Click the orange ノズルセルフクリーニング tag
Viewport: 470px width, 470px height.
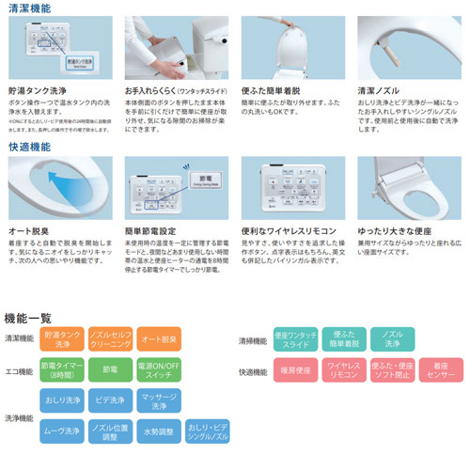(108, 339)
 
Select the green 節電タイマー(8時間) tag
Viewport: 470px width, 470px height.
(60, 370)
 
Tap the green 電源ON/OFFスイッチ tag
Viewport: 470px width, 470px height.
(157, 370)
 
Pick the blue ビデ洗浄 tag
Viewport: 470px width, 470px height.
(108, 401)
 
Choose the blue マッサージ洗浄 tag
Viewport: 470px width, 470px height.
(157, 401)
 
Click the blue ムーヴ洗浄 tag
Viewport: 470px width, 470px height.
(60, 433)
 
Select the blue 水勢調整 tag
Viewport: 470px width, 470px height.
(157, 433)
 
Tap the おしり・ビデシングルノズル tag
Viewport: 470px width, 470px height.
(207, 433)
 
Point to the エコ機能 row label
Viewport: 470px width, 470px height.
(19, 370)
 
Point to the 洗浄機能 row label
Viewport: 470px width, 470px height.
(19, 417)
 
